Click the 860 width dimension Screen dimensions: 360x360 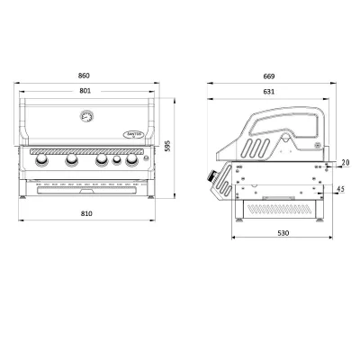click(88, 76)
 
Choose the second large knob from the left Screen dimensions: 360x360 click(69, 162)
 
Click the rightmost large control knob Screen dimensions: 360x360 click(133, 162)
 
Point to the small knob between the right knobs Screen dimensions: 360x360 click(117, 163)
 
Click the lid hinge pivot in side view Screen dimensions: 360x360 click(316, 144)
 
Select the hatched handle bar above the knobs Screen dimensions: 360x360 click(87, 152)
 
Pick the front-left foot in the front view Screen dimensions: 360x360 click(24, 195)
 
